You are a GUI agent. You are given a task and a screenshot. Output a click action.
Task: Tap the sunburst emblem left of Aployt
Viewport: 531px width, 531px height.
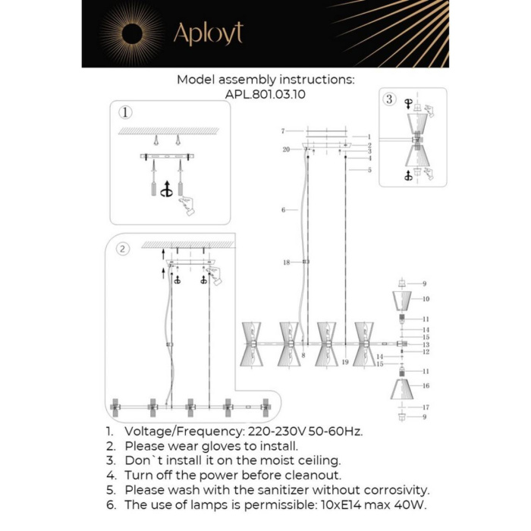130,33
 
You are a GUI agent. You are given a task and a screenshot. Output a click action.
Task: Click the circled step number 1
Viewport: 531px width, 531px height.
125,112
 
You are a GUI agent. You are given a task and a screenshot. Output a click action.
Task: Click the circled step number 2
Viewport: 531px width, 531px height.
123,248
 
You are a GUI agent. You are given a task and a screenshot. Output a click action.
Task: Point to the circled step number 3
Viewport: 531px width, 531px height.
389,99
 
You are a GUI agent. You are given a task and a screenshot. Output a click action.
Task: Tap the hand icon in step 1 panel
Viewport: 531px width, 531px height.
184,204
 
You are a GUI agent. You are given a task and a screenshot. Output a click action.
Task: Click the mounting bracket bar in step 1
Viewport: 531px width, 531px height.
168,157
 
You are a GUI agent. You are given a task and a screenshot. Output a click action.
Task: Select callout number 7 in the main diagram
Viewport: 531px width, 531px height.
281,131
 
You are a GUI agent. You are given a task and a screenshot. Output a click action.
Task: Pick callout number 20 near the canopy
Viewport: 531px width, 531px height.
286,149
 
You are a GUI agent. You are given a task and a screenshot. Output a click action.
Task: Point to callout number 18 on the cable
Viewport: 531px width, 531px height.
286,262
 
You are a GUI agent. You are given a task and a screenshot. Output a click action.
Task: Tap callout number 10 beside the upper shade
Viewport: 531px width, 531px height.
426,299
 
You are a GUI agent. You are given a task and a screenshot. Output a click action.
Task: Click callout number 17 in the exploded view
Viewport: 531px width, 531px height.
426,407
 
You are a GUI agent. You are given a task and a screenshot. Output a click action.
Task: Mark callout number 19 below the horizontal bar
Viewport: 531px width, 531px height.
344,363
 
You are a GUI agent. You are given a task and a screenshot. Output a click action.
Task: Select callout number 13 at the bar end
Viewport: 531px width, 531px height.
426,344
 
